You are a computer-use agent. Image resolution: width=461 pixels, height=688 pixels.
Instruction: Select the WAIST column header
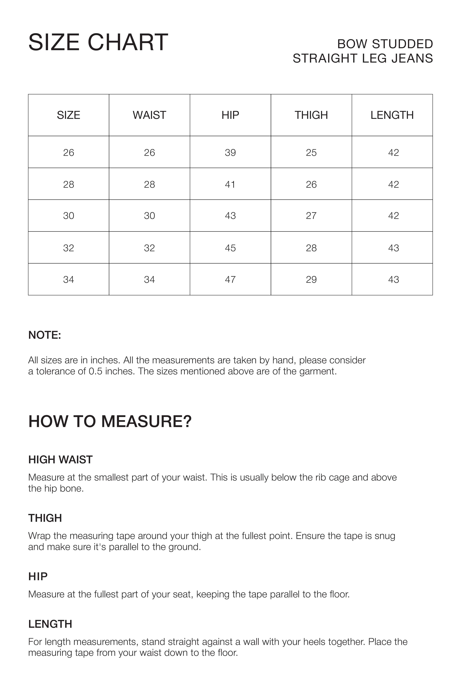[x=149, y=115]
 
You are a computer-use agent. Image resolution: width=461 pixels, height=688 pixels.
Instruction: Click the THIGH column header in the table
[x=311, y=115]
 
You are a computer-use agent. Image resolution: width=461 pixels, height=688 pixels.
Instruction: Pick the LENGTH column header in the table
[x=392, y=115]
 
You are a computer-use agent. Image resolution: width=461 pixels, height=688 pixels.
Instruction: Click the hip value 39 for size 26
[x=230, y=153]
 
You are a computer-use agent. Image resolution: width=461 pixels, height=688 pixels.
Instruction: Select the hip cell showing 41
[x=230, y=184]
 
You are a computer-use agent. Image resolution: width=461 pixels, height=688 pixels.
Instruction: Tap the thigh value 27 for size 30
[x=311, y=216]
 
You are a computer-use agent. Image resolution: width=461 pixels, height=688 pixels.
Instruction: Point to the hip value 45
[x=230, y=248]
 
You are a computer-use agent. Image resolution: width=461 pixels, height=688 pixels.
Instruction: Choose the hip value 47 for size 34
[x=230, y=279]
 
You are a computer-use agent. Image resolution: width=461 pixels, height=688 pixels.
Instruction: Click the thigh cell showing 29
[x=311, y=279]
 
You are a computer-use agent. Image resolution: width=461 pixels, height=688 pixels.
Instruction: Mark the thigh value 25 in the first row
[x=311, y=153]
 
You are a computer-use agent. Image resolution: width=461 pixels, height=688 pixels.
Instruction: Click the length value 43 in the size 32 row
[x=393, y=248]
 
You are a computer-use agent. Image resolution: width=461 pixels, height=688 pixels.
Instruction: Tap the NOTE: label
[x=45, y=335]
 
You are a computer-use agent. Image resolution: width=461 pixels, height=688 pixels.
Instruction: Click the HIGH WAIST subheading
[x=60, y=460]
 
